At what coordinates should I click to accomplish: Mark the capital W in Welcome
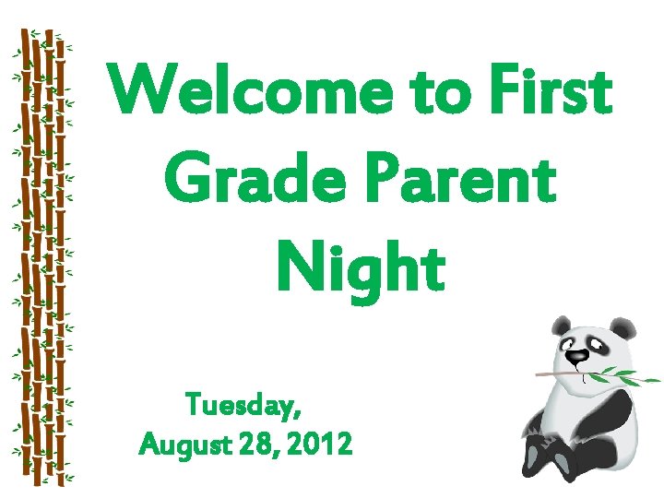click(x=138, y=92)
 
